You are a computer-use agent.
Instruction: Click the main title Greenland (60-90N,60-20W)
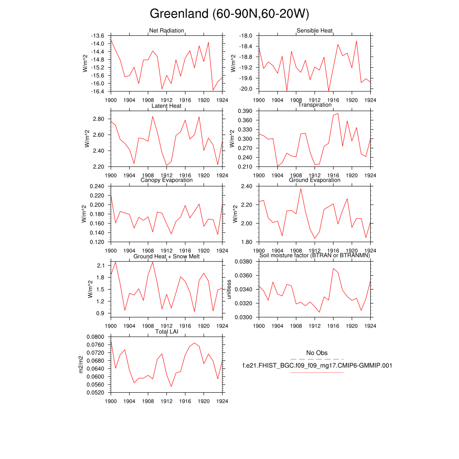229,14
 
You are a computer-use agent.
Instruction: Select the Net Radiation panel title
166,30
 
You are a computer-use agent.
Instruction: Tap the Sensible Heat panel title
314,30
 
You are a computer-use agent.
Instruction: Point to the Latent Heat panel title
166,106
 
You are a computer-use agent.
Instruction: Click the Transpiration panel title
315,105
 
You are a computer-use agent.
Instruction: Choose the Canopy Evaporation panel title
166,180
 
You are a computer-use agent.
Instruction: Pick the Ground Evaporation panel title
314,180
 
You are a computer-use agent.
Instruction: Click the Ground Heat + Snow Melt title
166,256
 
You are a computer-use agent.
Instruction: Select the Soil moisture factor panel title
314,255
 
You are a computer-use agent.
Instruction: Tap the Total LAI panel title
166,332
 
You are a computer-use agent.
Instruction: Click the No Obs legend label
317,353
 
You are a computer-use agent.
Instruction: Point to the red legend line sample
317,372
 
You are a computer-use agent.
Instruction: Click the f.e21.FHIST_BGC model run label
317,365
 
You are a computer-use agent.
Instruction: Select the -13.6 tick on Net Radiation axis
98,36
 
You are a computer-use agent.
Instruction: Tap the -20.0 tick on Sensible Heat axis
246,89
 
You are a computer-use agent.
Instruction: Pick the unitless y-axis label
228,290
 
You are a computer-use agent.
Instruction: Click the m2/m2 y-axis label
81,364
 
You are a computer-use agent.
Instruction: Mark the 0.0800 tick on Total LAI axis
96,337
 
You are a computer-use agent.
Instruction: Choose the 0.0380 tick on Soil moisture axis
244,261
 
